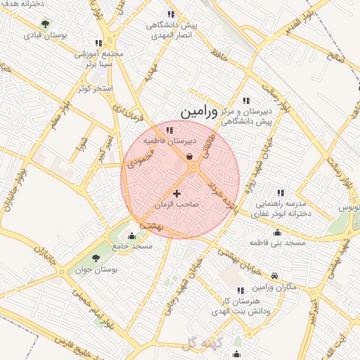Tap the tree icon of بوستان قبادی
pyautogui.click(x=46, y=23)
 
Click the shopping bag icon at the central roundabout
pyautogui.click(x=191, y=157)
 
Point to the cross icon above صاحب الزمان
pyautogui.click(x=176, y=193)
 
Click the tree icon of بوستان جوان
pyautogui.click(x=96, y=259)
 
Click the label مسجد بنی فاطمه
pyautogui.click(x=277, y=243)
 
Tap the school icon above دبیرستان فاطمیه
pyautogui.click(x=169, y=129)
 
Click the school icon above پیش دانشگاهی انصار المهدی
pyautogui.click(x=169, y=14)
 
